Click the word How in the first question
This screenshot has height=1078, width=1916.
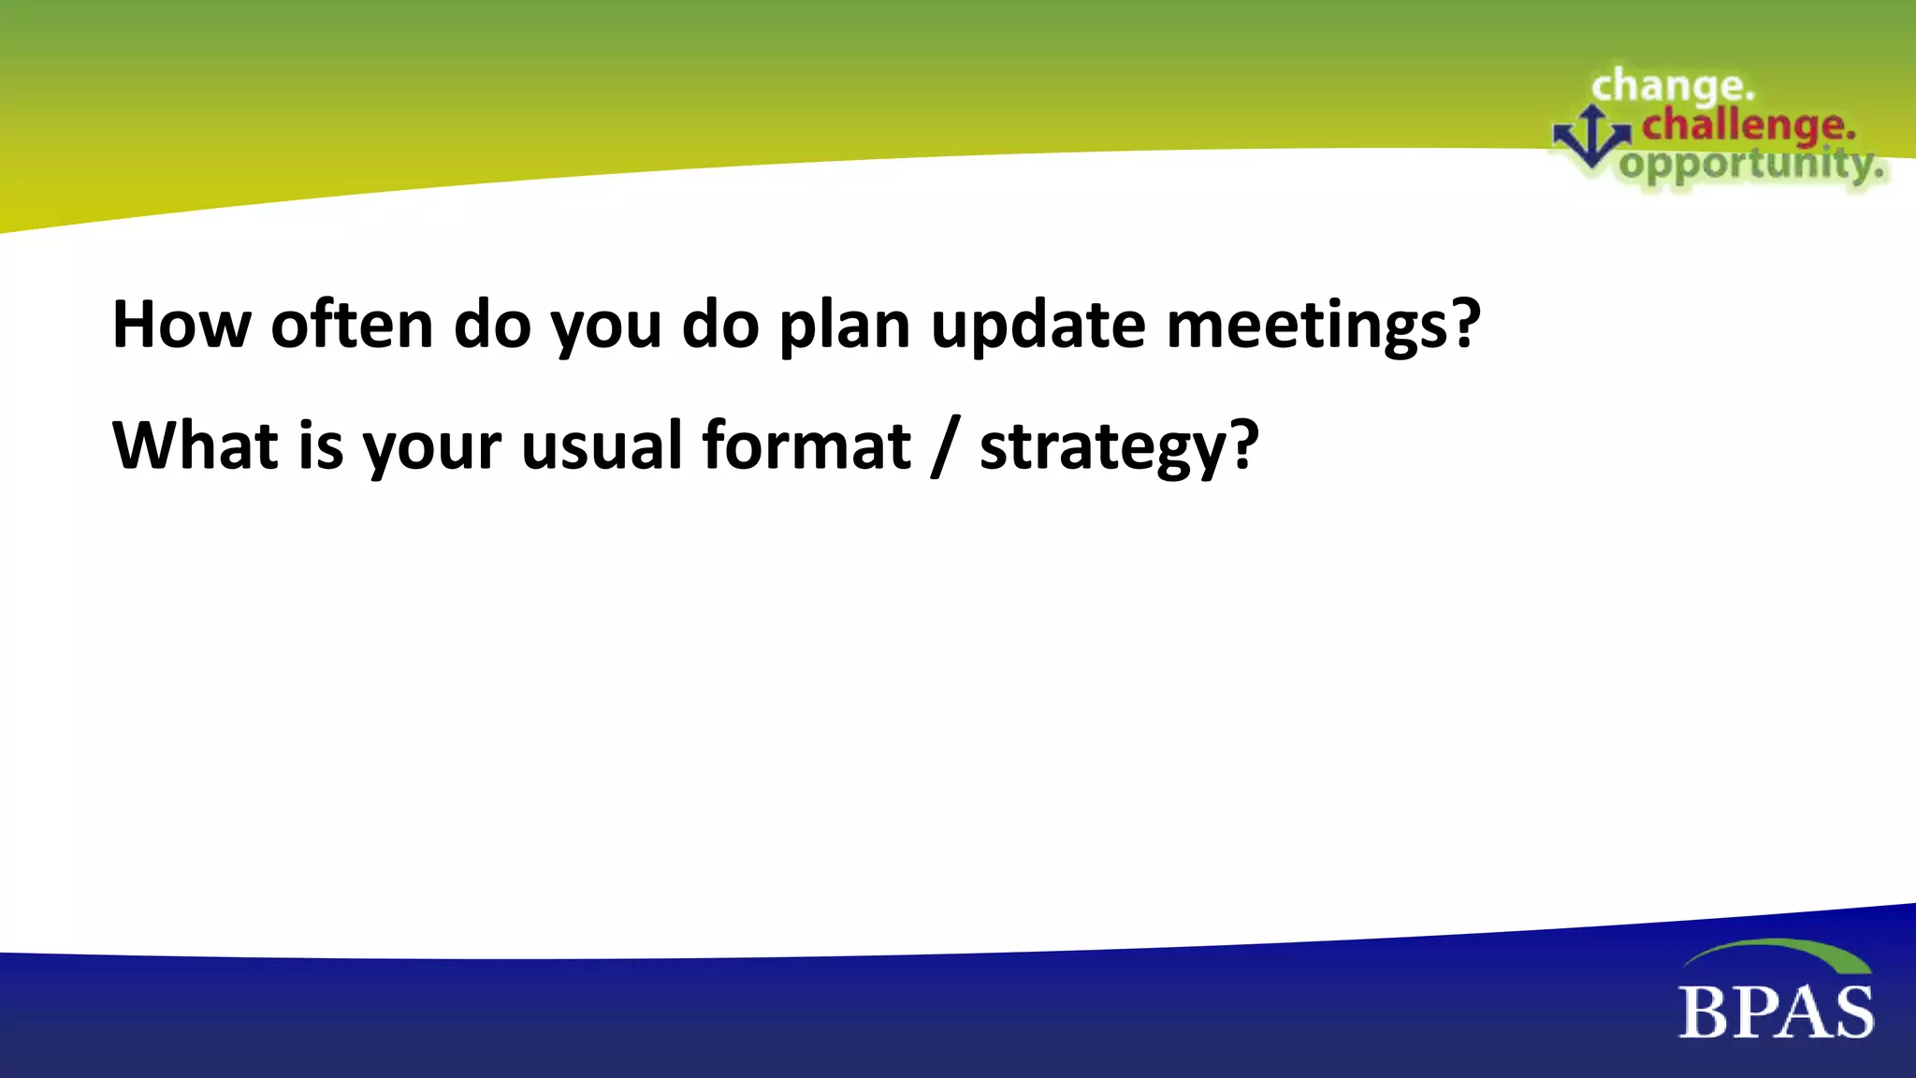(181, 325)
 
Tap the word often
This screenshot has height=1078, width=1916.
(352, 325)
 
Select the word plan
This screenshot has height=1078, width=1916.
(844, 328)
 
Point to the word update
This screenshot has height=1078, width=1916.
(1038, 328)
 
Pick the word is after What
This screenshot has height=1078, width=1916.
(321, 445)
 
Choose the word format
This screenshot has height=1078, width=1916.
(806, 445)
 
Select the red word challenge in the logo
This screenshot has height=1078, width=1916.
(1748, 125)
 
